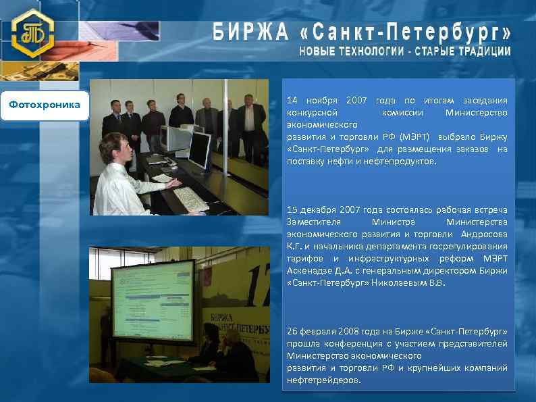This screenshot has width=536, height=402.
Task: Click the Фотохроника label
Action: pyautogui.click(x=45, y=105)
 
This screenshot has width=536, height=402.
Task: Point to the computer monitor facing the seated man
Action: pyautogui.click(x=199, y=151)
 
